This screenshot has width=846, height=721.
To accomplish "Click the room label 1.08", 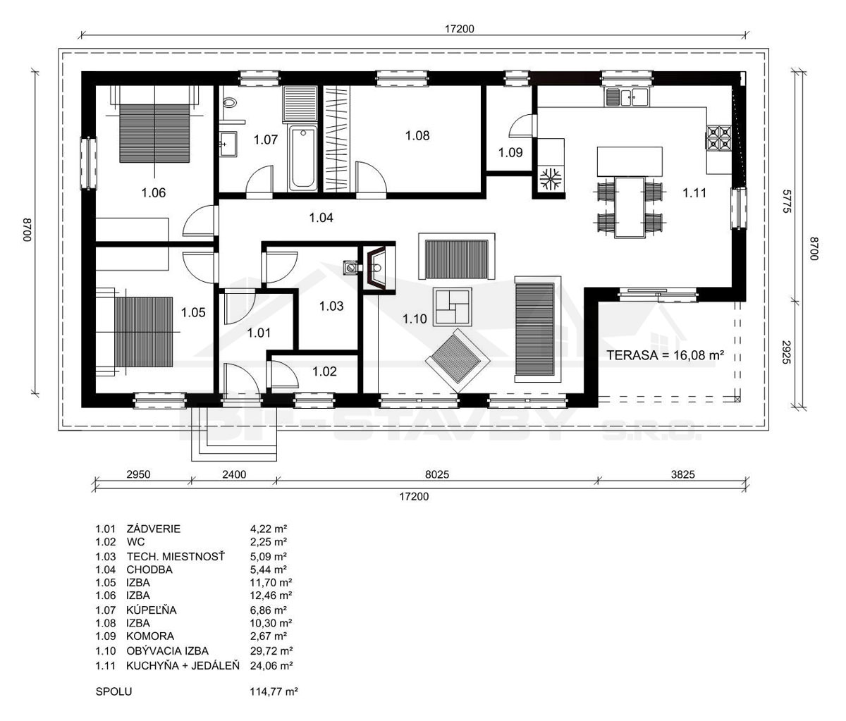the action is coord(417,135).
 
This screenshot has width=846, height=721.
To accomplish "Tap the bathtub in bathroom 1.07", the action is coord(303,158).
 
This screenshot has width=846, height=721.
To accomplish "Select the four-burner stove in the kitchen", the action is coord(718,138).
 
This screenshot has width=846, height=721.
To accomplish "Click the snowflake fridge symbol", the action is coord(551,179).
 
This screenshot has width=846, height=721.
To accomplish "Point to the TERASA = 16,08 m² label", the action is coord(666,355).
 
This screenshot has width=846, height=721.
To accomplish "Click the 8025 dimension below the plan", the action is coord(436,474).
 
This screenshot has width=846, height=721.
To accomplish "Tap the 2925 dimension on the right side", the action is coord(787,352).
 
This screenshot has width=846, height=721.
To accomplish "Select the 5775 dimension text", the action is coord(787,201).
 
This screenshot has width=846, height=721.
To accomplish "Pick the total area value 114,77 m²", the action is coord(274,691).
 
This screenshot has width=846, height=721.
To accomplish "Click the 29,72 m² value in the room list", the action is coord(271,651).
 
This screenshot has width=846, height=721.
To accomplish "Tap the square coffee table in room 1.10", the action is coord(453,307).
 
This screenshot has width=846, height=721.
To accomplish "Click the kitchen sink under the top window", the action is coord(627,97).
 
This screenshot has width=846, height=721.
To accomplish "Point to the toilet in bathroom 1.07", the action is coord(229,102).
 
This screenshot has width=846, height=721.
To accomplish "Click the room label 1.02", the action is coord(324,371).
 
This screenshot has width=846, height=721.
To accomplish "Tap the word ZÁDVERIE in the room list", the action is coord(154,529).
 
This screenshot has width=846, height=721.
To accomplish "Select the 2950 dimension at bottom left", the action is coord(138,474).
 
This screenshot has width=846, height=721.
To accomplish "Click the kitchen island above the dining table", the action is coord(630,161).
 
